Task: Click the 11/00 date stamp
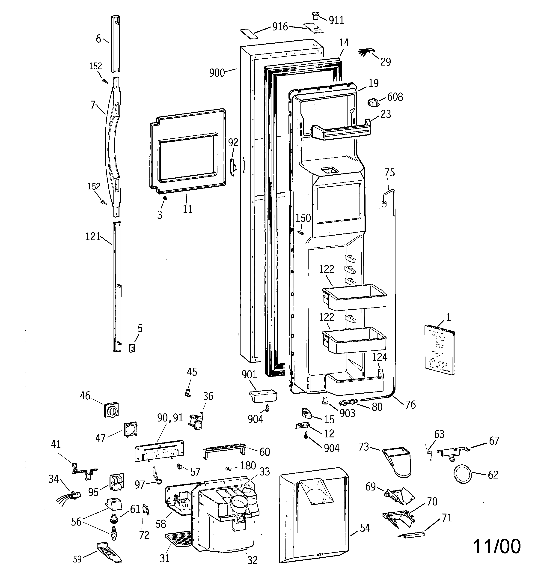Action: tap(496, 547)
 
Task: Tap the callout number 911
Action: tap(336, 20)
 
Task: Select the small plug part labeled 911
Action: tap(315, 16)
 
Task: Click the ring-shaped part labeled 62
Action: tap(462, 475)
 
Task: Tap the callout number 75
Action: tap(389, 173)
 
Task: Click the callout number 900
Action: tap(217, 73)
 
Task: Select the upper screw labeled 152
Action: tap(105, 82)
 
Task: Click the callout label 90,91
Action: tap(170, 418)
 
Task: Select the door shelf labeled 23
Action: tap(342, 131)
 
